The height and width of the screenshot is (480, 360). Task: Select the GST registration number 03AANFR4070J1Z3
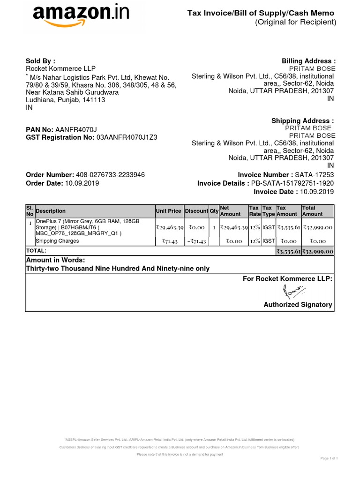[127, 137]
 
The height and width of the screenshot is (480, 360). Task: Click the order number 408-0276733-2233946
[110, 175]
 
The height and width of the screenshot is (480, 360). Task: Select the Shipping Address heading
[303, 121]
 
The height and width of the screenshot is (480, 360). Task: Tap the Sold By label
[40, 61]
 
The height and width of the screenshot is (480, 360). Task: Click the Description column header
[51, 211]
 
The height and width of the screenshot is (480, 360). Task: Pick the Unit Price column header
[168, 211]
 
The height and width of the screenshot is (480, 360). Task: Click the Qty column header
[214, 211]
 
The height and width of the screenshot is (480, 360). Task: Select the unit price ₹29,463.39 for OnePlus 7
[169, 227]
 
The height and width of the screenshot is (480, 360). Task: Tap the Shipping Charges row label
[58, 241]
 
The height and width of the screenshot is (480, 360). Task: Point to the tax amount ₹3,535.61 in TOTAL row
[288, 251]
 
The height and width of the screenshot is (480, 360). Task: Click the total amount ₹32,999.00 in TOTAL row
[317, 251]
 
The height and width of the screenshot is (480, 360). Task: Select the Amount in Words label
[56, 260]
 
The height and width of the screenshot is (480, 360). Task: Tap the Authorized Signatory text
[298, 305]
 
